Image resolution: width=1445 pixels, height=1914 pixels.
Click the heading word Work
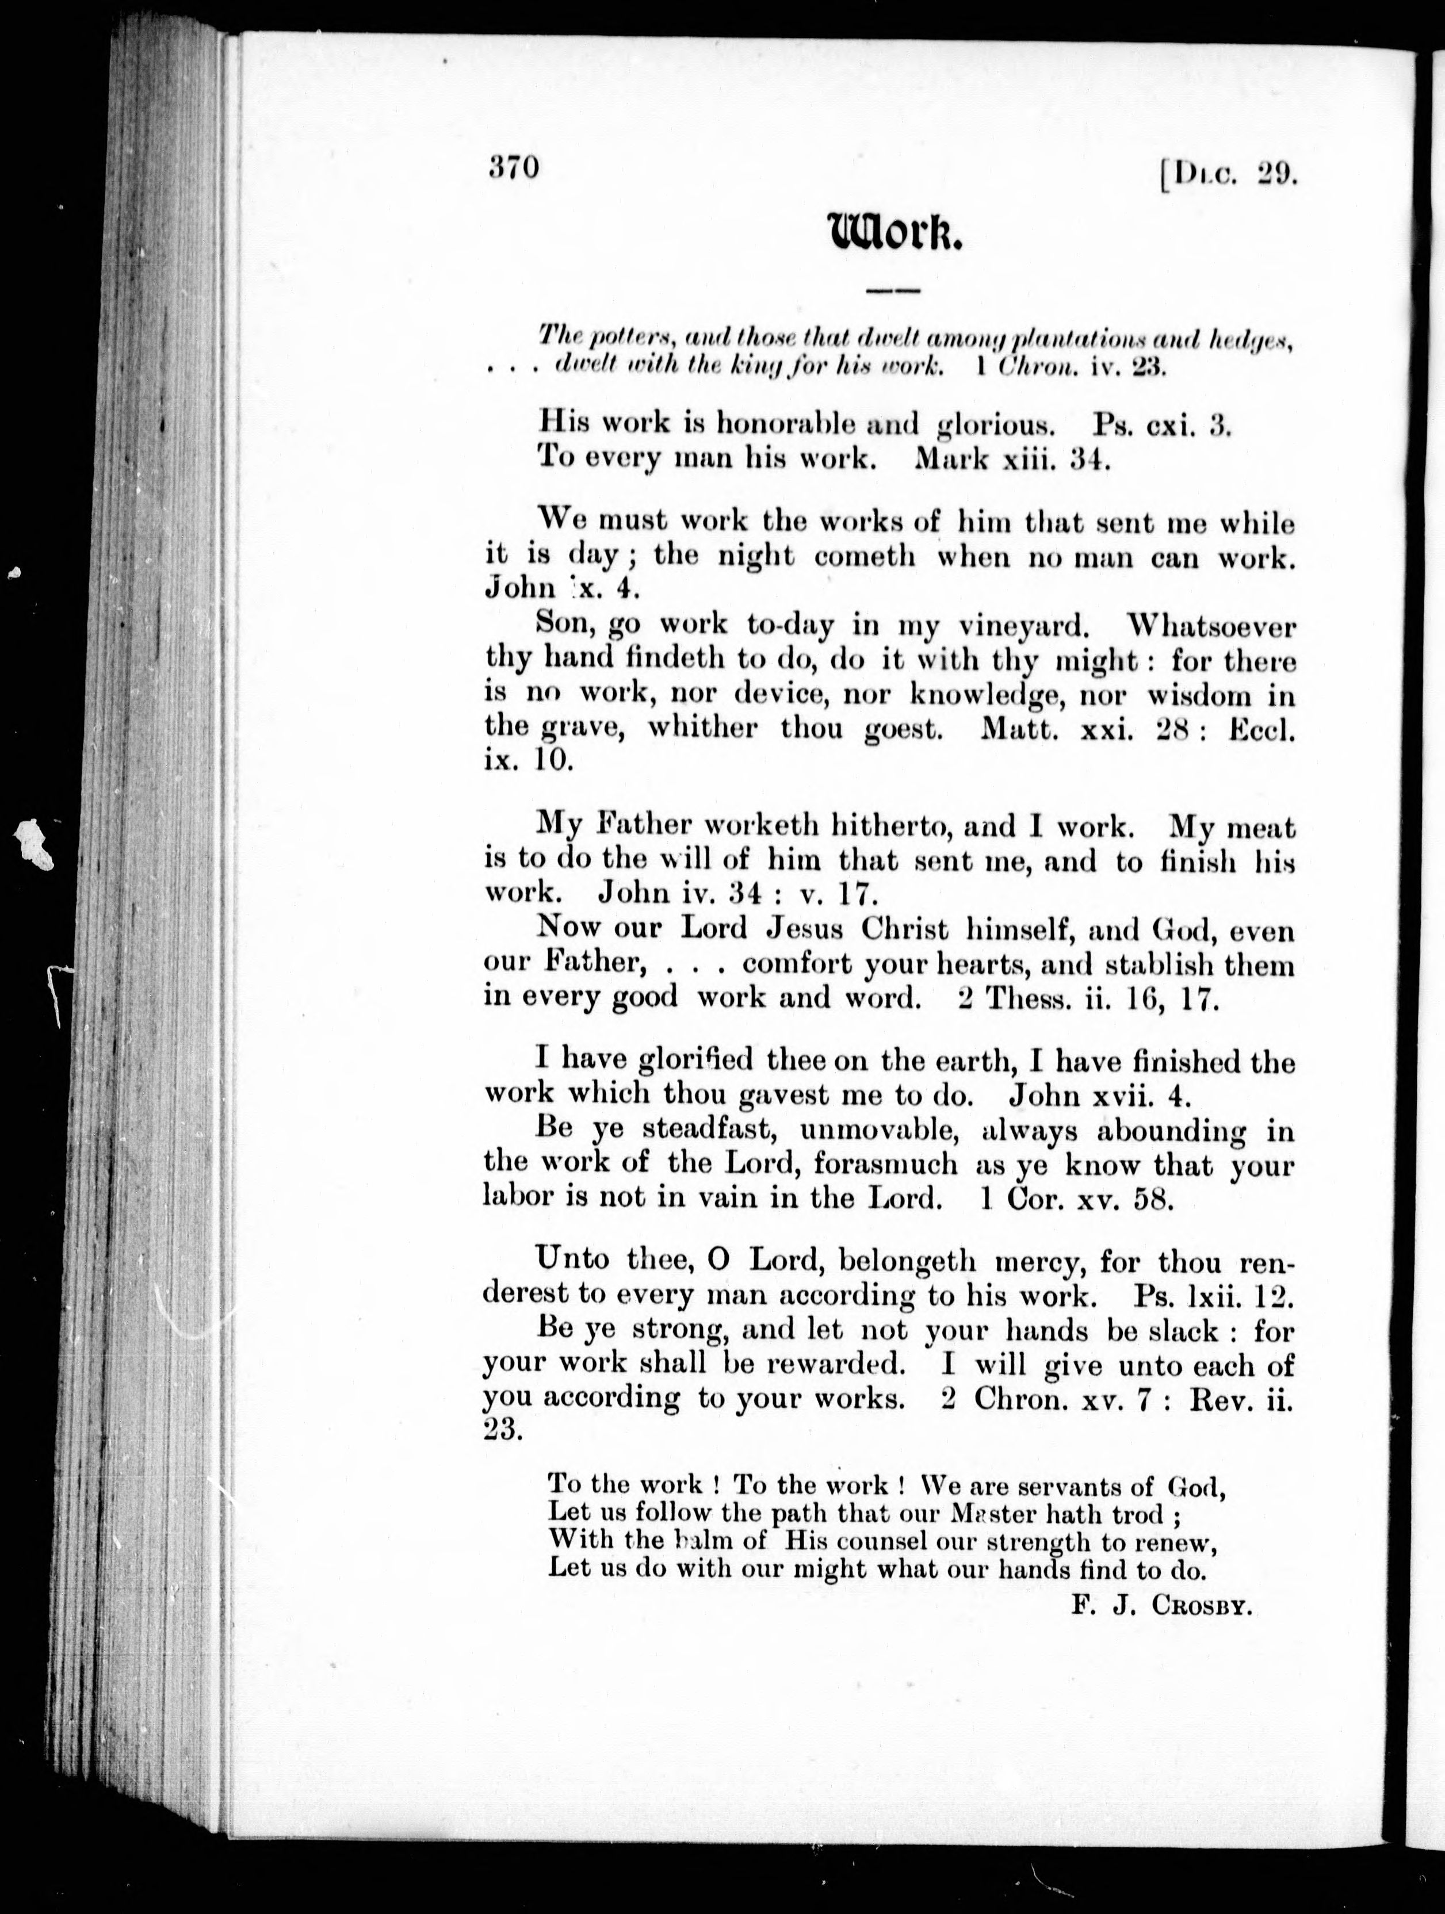894,232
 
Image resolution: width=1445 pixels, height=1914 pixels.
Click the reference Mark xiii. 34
1011,458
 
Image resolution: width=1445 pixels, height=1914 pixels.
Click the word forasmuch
885,1164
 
